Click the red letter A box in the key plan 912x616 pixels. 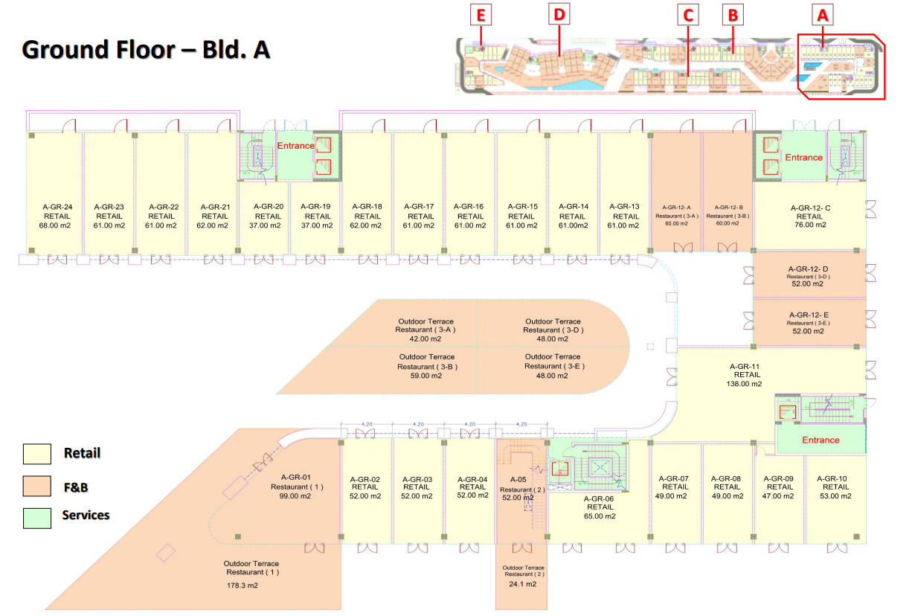[822, 15]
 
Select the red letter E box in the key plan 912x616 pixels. [481, 15]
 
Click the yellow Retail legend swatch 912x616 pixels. [37, 454]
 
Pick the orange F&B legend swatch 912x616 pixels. [37, 487]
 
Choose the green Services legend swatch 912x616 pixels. [37, 518]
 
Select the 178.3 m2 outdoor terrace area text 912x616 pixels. [243, 586]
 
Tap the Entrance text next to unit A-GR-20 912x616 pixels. [295, 146]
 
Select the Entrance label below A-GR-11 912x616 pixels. [821, 440]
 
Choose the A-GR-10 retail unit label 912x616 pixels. [836, 479]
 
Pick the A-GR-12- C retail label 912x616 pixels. [810, 208]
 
